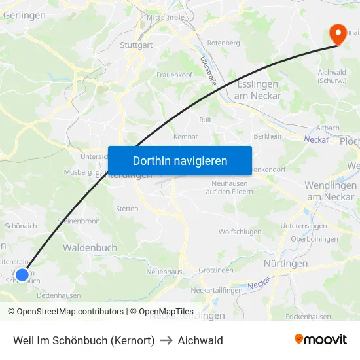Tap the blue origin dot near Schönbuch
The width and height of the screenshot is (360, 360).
point(22,274)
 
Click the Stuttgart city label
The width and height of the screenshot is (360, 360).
point(136,45)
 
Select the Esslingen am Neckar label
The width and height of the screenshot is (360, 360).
point(257,90)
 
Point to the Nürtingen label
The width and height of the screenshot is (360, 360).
point(285,263)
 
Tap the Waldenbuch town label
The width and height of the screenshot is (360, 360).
point(90,247)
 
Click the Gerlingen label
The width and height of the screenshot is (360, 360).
point(24,15)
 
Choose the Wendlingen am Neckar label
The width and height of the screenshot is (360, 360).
point(330,191)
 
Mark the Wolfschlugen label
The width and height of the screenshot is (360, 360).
point(240,232)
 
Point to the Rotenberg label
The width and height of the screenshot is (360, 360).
point(223,43)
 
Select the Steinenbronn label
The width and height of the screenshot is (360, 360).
point(79,221)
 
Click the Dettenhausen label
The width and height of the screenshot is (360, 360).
point(58,295)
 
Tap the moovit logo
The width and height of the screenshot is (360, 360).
point(321,340)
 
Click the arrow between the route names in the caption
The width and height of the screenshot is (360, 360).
point(166,340)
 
